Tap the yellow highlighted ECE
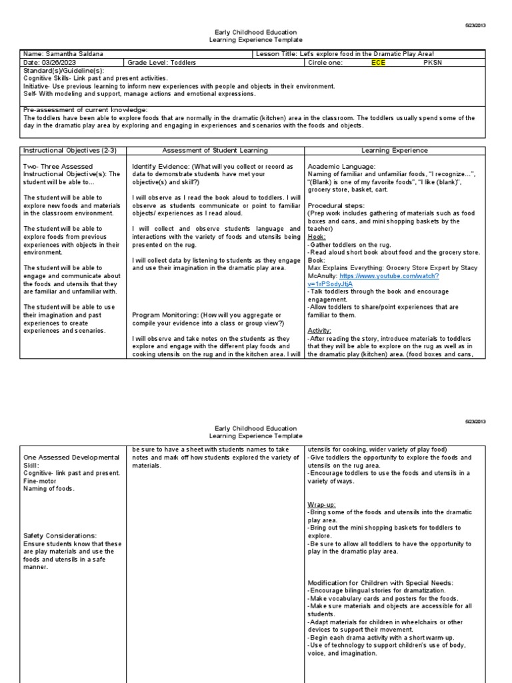(378, 63)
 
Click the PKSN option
(433, 63)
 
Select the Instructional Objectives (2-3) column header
(70, 151)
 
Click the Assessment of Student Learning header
(215, 151)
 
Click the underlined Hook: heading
(317, 236)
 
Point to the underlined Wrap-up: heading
(322, 504)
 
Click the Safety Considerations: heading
(60, 536)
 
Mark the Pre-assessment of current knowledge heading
(85, 109)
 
